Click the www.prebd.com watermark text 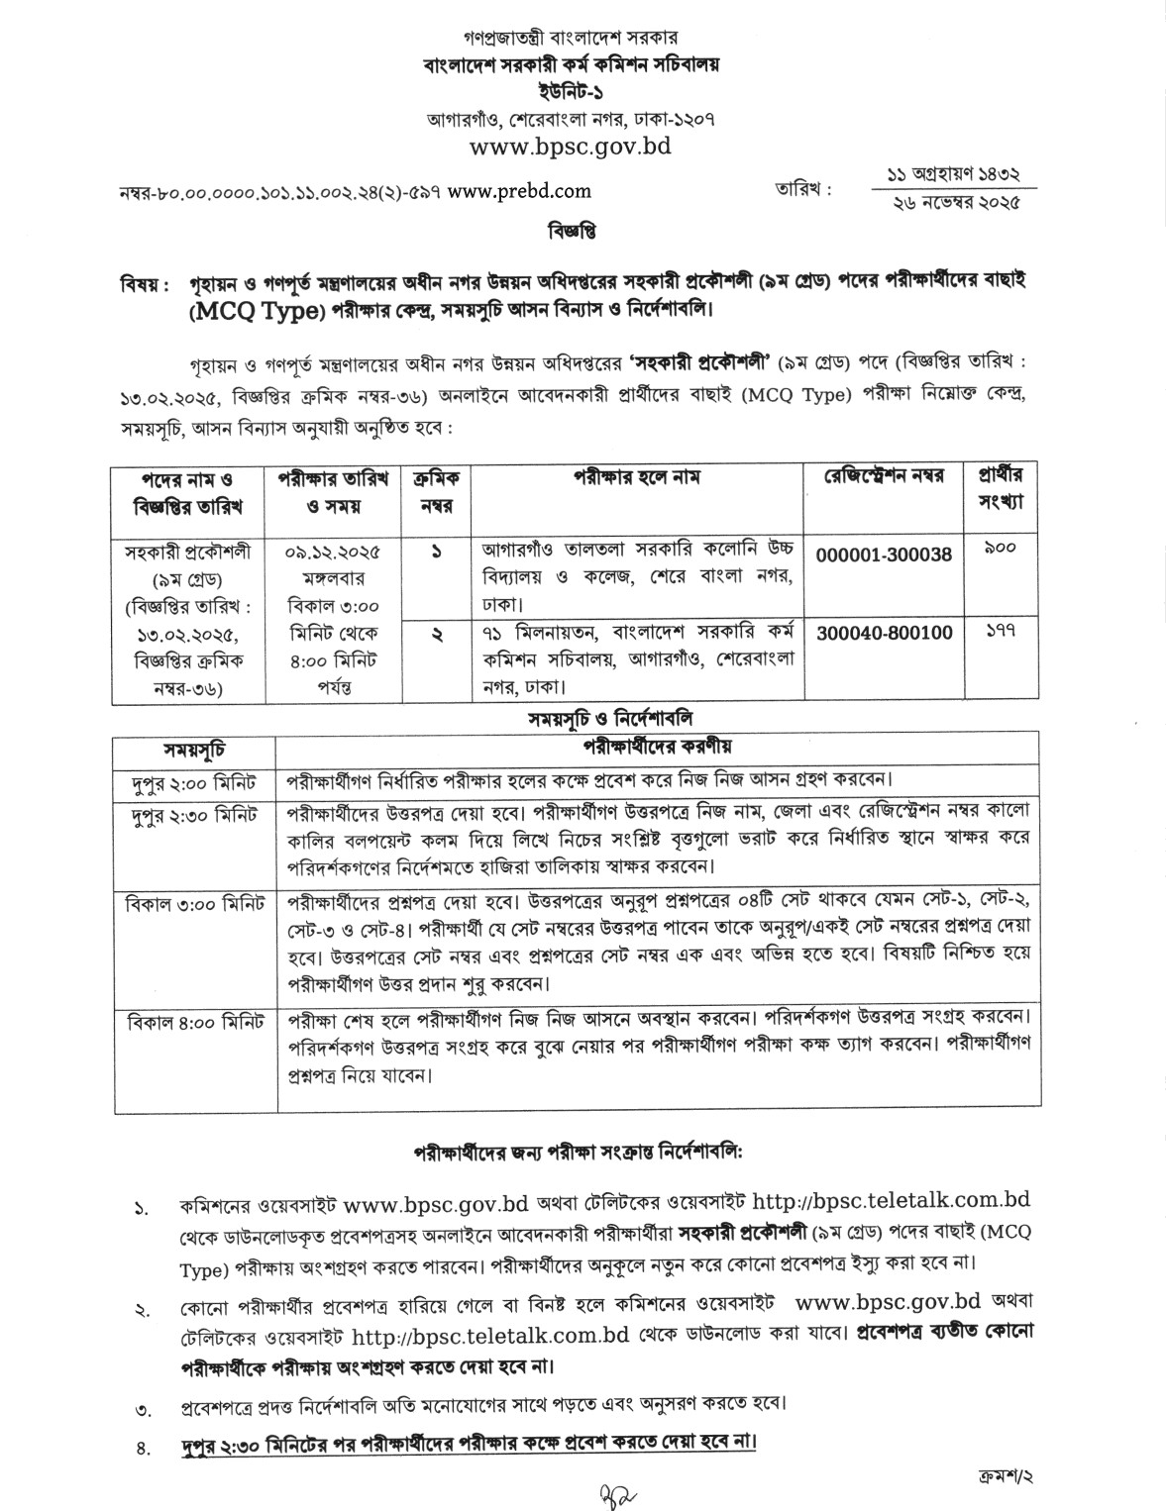coord(519,191)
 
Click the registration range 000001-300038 coord(884,554)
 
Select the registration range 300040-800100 coord(884,632)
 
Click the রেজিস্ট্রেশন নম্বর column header coord(884,476)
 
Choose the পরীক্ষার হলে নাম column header coord(636,476)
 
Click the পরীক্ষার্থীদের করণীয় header coord(657,746)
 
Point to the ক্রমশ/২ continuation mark coord(1004,1475)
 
